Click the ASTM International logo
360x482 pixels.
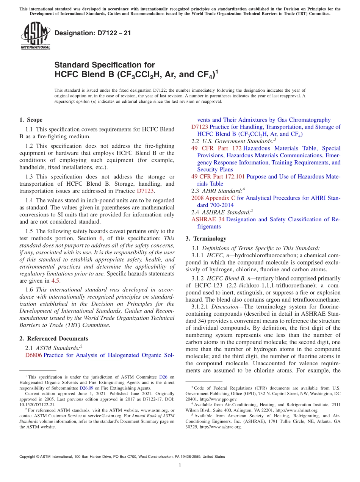[35, 36]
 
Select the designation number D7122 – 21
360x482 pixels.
[93, 33]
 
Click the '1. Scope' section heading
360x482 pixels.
[31, 120]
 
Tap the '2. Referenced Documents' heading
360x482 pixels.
[53, 338]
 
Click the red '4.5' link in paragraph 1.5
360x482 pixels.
[56, 281]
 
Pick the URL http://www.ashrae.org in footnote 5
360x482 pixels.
[220, 427]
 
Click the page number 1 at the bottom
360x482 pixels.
[180, 466]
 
